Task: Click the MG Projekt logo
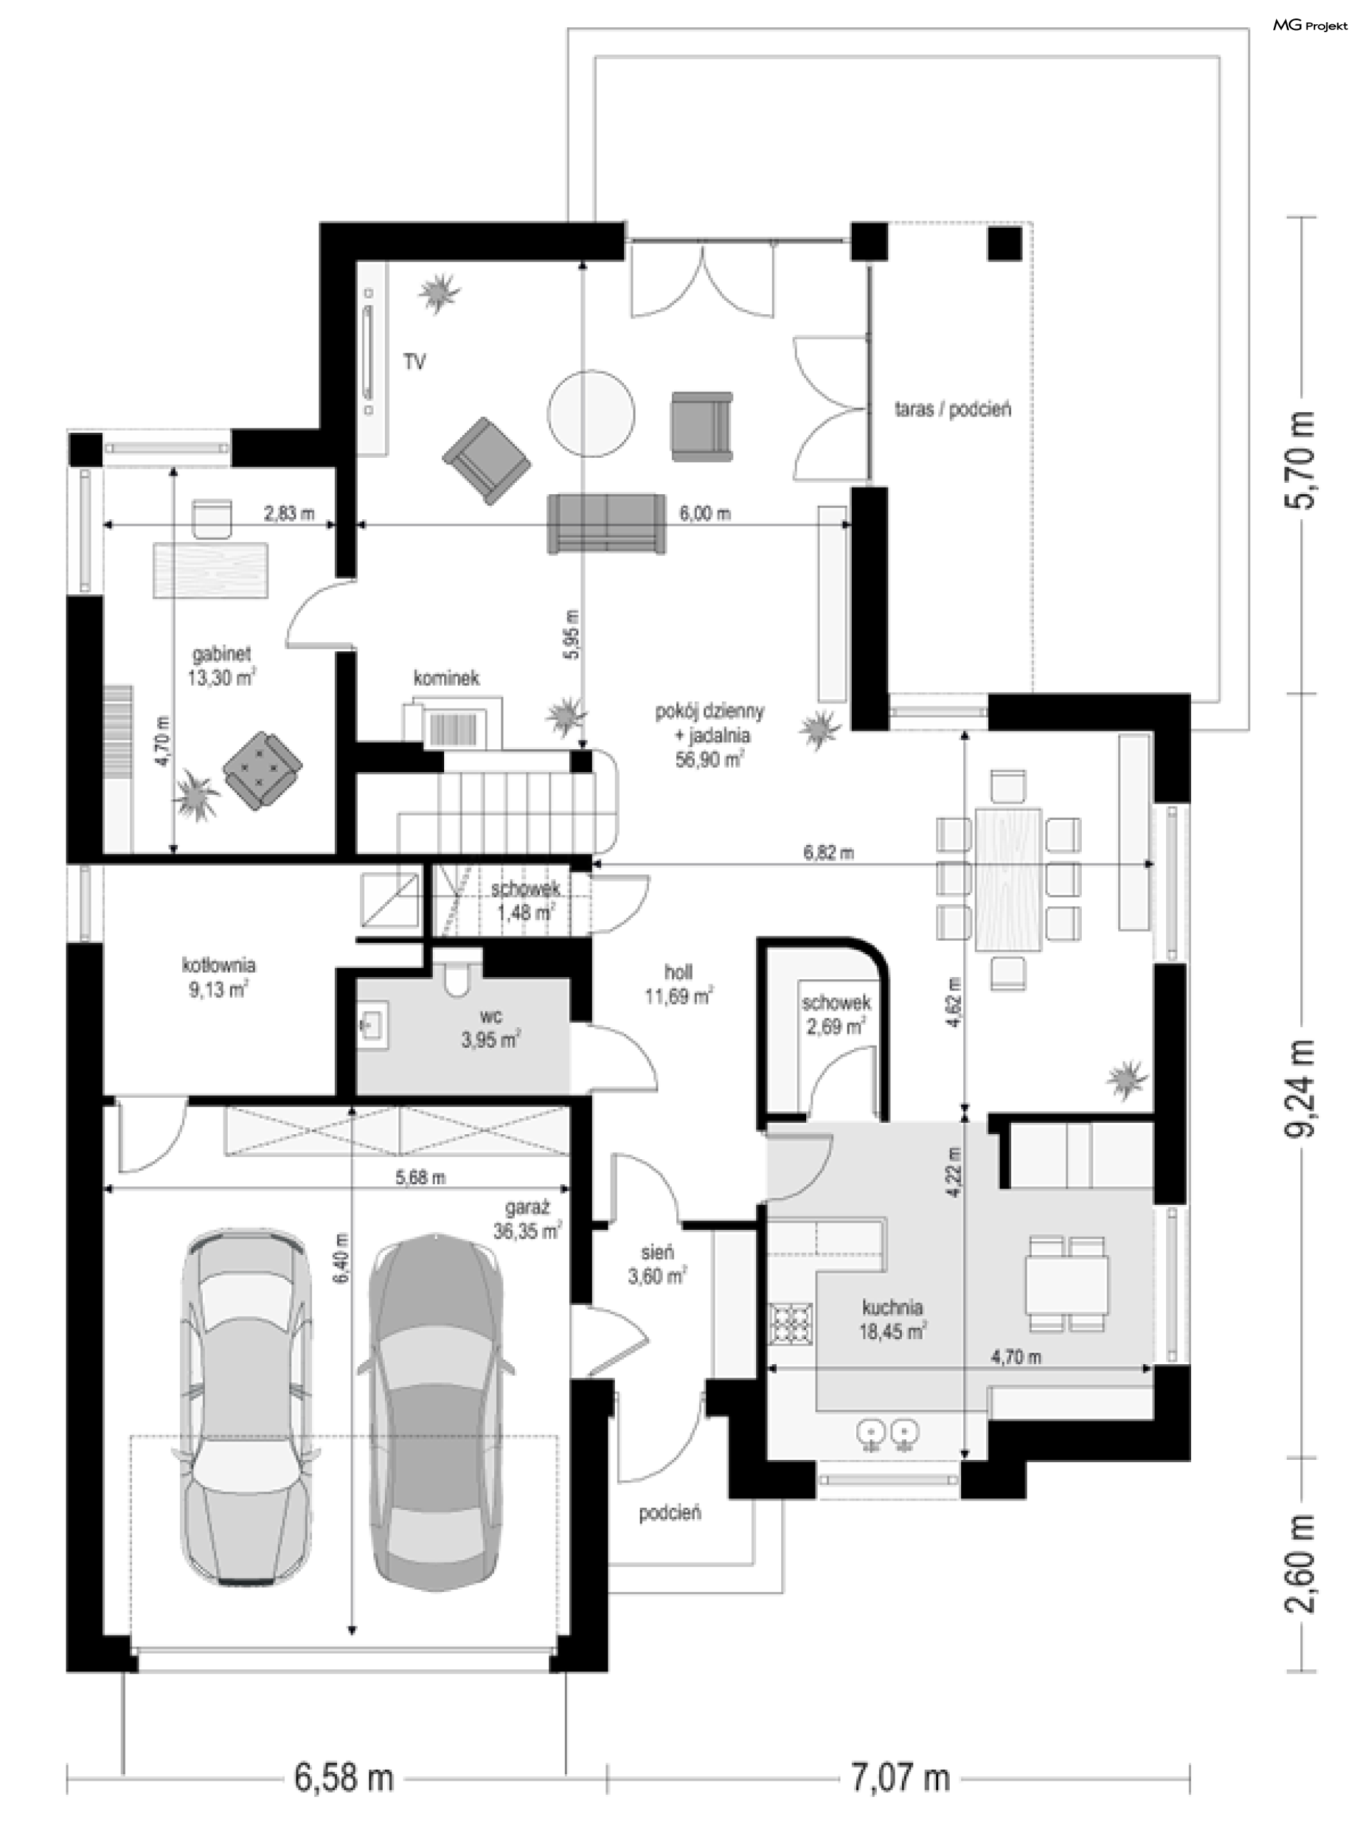[1310, 26]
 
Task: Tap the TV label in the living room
[414, 361]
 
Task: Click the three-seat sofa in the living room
[607, 524]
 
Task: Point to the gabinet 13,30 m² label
[221, 666]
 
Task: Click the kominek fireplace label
[446, 678]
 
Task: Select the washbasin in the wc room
[372, 1026]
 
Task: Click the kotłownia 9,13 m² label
[219, 977]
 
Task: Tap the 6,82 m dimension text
[828, 853]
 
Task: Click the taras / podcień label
[953, 409]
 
